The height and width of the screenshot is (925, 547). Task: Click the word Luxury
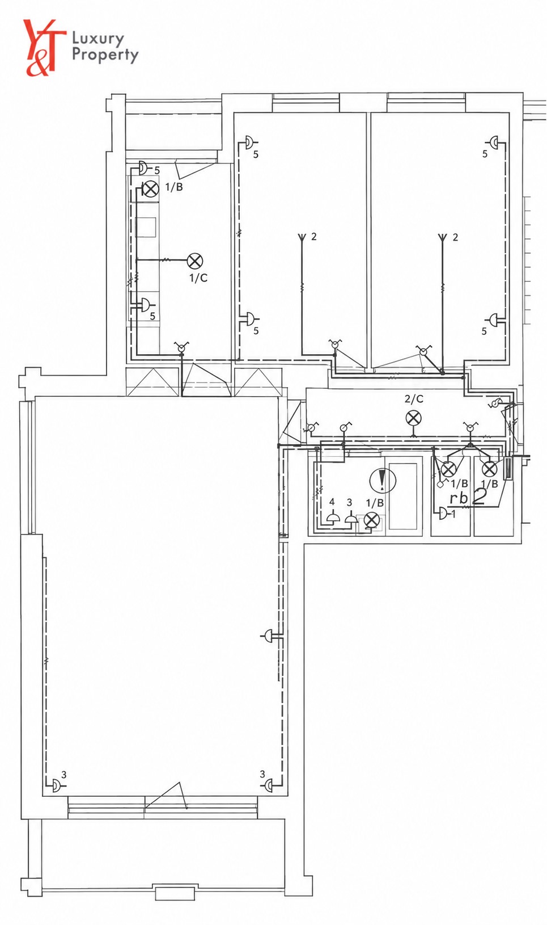[97, 40]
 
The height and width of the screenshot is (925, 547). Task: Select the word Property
[105, 56]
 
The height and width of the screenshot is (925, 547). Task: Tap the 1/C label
[198, 278]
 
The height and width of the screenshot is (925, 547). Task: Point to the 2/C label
[414, 399]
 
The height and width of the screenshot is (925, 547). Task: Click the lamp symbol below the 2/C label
[413, 418]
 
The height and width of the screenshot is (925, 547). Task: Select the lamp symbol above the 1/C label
[195, 260]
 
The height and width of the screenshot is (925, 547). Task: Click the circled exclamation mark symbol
[383, 480]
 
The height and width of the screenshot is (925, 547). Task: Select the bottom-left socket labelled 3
[56, 785]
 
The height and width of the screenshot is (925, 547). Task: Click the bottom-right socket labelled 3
[269, 785]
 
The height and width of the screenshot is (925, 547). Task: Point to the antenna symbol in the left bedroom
[302, 237]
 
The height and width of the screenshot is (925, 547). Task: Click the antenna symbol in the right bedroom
[442, 237]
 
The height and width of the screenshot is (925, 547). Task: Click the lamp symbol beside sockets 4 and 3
[371, 521]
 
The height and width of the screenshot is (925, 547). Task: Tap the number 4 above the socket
[332, 502]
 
